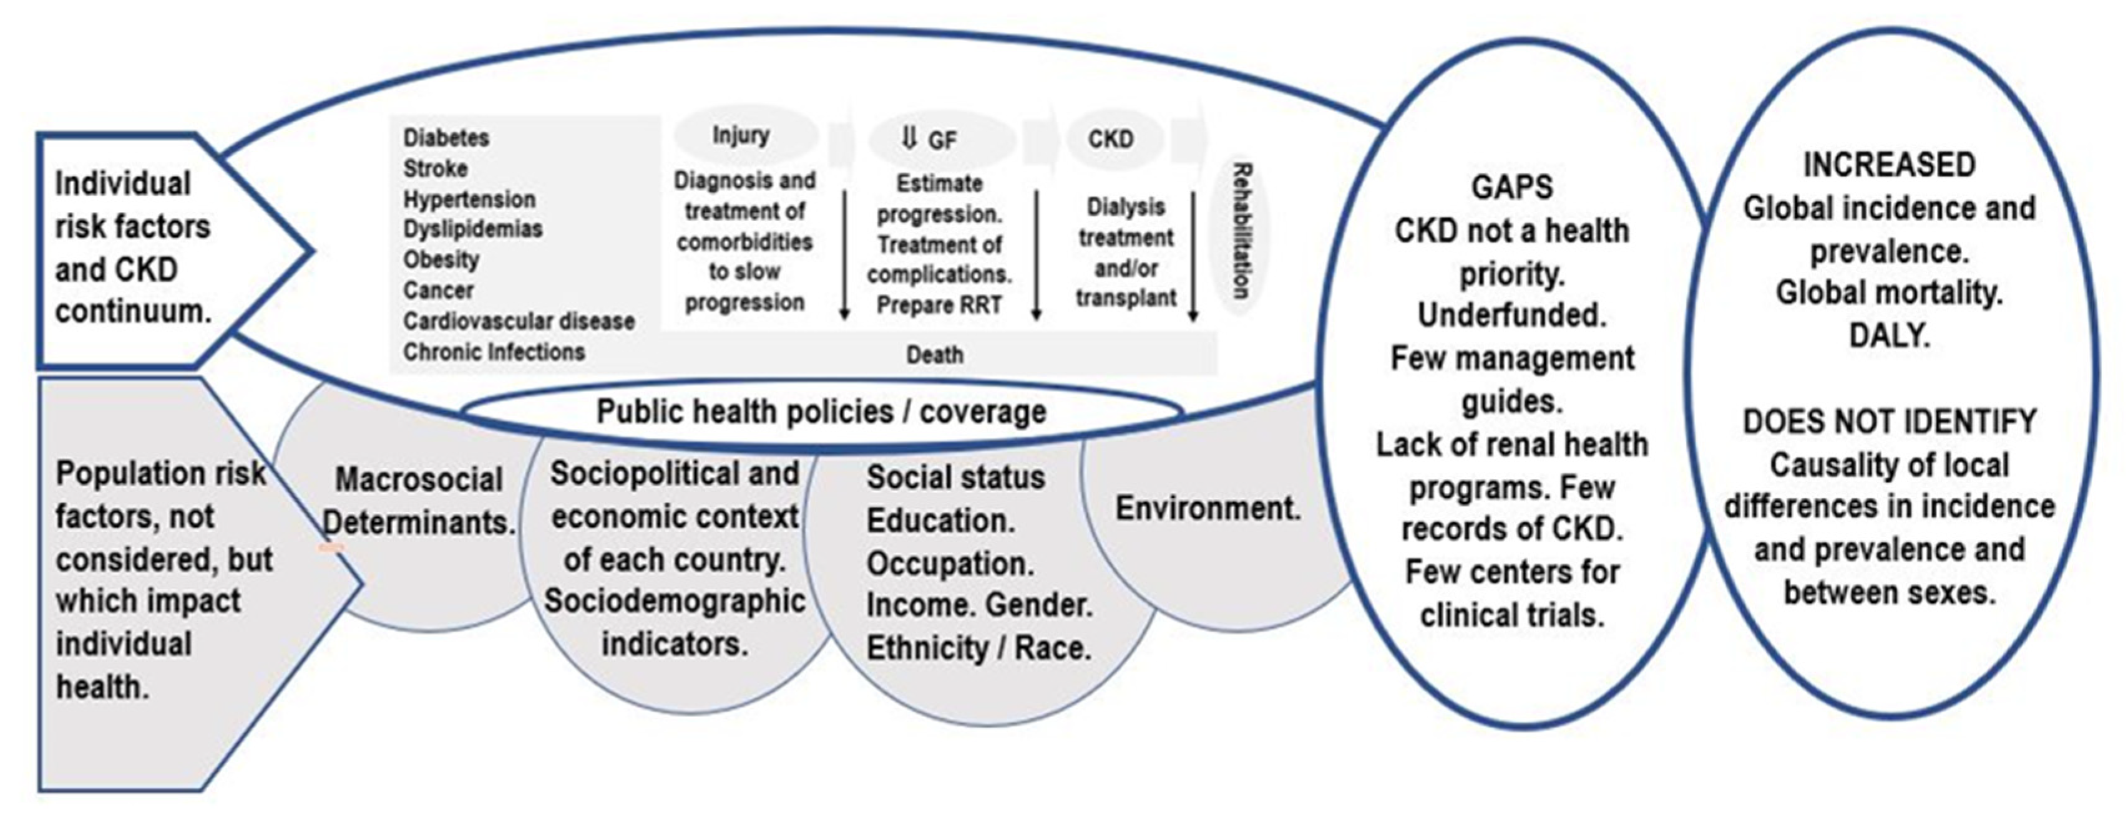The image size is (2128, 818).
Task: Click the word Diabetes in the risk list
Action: click(446, 137)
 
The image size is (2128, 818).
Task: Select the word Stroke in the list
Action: click(436, 168)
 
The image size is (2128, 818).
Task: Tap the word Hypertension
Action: click(469, 199)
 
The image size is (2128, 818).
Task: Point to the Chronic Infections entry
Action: click(494, 352)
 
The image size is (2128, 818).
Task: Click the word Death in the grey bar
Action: click(935, 355)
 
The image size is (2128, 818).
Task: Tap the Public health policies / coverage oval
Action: click(821, 411)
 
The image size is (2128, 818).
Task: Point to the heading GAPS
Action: click(1511, 188)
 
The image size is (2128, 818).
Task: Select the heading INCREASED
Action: click(1889, 165)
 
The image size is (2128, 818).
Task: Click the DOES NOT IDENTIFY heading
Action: click(1889, 422)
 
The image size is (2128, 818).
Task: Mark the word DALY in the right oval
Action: click(1889, 335)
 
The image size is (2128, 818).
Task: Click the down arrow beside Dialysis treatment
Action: click(1193, 256)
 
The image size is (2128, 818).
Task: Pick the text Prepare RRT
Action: click(939, 306)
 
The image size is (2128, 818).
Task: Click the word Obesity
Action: click(441, 260)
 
